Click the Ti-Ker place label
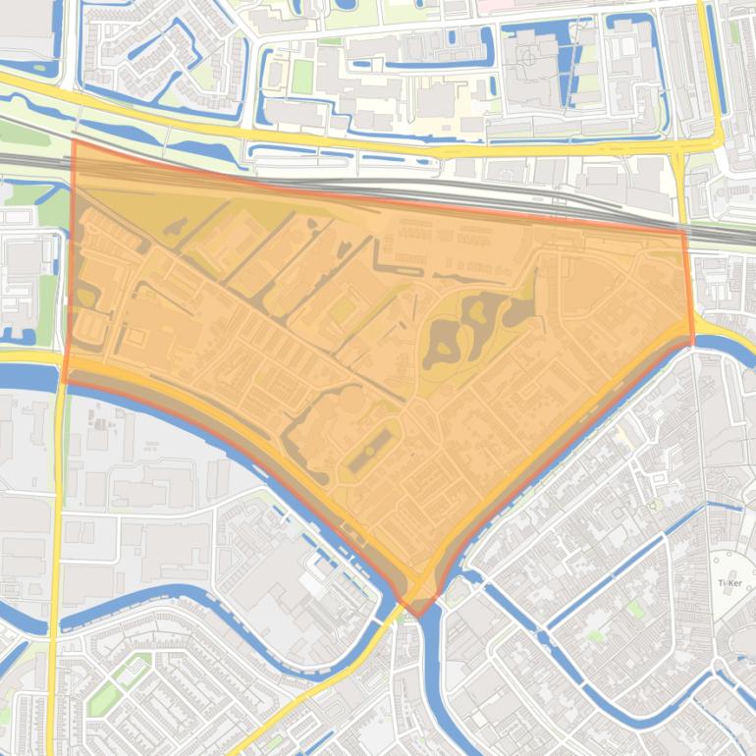(729, 582)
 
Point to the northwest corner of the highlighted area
(74, 141)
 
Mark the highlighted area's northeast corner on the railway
(684, 232)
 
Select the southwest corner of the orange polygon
(65, 382)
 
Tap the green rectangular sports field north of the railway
(300, 78)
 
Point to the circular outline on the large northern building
(530, 57)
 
